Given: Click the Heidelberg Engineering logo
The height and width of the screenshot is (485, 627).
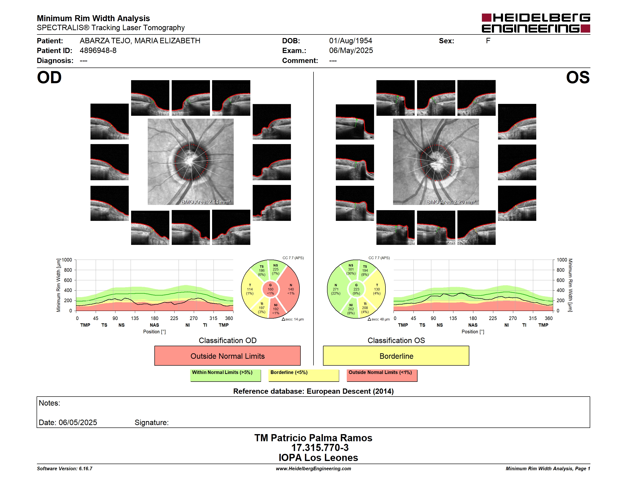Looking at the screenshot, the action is pos(536,23).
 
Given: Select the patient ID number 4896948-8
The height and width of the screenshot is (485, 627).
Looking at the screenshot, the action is pos(98,51).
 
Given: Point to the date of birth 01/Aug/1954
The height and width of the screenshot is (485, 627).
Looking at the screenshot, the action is pos(350,41).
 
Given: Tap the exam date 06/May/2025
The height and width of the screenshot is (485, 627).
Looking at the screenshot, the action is pos(351,51).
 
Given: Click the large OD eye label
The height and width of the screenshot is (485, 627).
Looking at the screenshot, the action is pos(49,78).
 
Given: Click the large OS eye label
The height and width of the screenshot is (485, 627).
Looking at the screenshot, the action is pos(578,78).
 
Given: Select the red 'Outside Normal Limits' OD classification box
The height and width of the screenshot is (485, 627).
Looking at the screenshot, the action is pos(227,356).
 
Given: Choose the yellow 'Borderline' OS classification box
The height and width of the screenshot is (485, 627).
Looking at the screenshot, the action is pos(396,356).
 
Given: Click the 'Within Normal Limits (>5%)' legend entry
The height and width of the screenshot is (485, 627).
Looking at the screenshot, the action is pos(225,375).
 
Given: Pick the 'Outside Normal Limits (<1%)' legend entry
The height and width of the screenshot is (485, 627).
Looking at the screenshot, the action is pos(382,375).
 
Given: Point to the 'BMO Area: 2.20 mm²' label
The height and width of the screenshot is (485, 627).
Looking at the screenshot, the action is pos(451,202).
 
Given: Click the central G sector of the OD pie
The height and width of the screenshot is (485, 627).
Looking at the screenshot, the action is pos(271,289).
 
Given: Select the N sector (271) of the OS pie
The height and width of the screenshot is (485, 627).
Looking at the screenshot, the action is pos(336,289).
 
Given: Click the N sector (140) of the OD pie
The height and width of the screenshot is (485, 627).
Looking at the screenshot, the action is pos(290,289).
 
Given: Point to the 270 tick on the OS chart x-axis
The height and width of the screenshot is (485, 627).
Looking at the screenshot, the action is pos(513,318).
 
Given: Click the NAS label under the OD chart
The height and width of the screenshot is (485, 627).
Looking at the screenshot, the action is pos(154,325).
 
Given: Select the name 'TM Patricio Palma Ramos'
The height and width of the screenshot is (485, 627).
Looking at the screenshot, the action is pos(313,438).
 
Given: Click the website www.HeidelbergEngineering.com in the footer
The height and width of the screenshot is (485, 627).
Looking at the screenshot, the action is pos(313,469).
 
